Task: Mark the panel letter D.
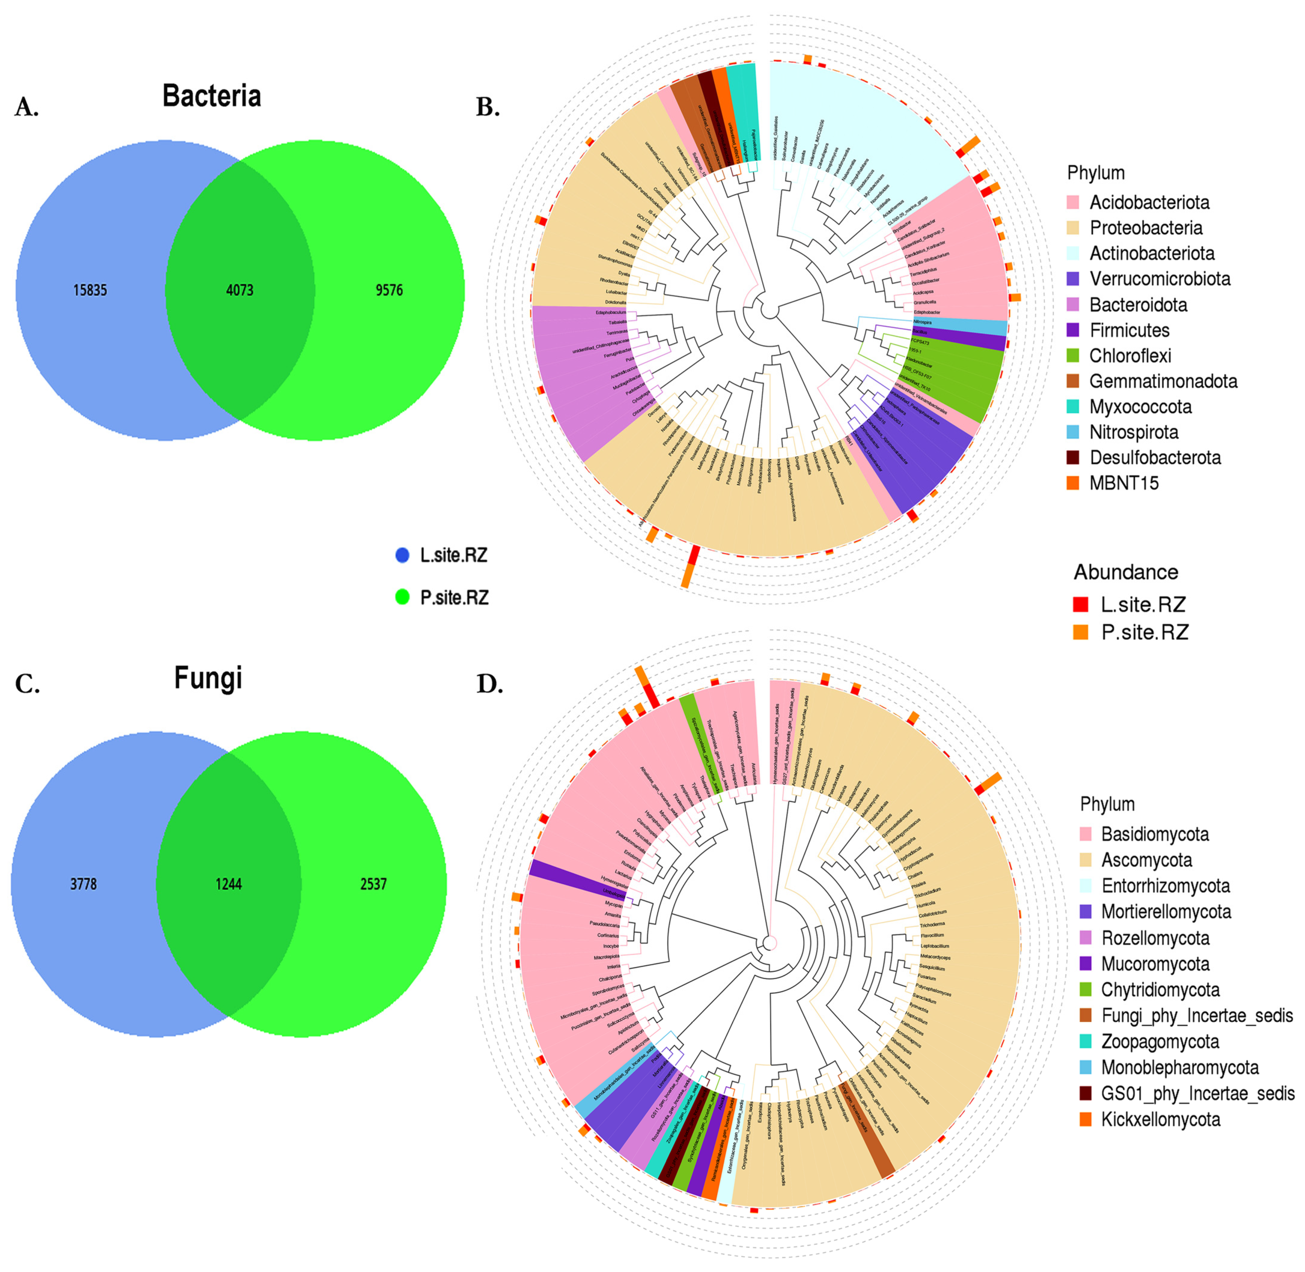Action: pos(489,684)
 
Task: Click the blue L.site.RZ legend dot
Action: pos(402,555)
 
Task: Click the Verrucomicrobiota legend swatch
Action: pos(1073,279)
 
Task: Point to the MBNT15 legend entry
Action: pos(1124,483)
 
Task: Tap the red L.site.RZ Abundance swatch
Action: pos(1080,604)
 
